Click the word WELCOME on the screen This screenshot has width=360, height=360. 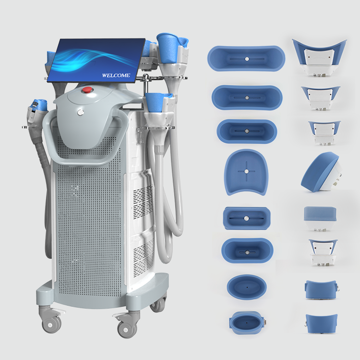pos(116,75)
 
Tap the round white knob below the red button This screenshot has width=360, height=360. pos(81,112)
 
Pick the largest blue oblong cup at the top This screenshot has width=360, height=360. pos(246,58)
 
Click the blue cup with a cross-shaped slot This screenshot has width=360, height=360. pos(246,172)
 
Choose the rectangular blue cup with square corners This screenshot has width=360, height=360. pos(247,218)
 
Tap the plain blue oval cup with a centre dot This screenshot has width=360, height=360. pos(247,287)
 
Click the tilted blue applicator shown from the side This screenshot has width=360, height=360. pos(321,171)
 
